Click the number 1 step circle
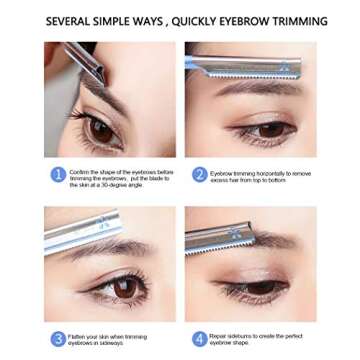click(58, 176)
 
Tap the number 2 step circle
click(200, 176)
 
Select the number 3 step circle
click(58, 338)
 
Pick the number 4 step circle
click(200, 338)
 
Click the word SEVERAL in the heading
click(70, 21)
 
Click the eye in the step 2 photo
click(270, 128)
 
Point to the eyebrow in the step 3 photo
click(100, 254)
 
